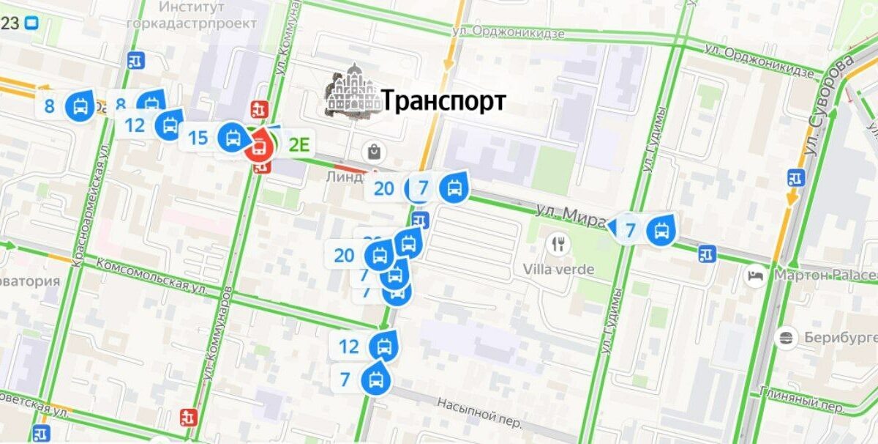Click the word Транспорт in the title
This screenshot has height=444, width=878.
(x=443, y=101)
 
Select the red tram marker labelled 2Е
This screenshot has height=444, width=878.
(x=258, y=148)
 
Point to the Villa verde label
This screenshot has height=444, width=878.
(x=558, y=270)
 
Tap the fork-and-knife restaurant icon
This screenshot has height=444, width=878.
(x=559, y=243)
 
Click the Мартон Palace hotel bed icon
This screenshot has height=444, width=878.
(x=754, y=276)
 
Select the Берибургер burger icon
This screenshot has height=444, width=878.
(x=787, y=338)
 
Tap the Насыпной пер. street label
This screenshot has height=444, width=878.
(x=479, y=412)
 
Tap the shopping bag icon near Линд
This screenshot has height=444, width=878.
(x=375, y=152)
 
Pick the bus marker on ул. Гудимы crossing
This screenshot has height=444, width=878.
(x=661, y=231)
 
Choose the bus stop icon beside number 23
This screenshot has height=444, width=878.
(x=31, y=23)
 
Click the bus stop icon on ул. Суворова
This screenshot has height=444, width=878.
(x=795, y=177)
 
